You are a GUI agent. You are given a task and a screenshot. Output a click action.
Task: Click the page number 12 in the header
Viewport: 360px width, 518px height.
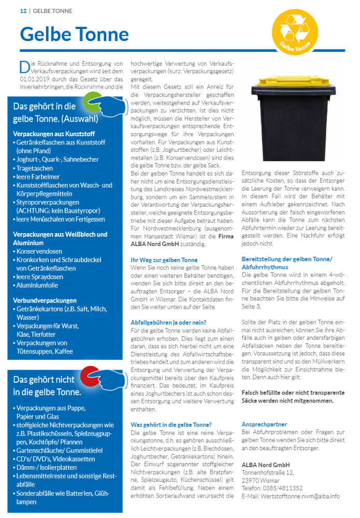pyautogui.click(x=23, y=11)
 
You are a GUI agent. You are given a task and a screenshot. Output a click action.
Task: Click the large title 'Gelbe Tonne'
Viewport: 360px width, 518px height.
pyautogui.click(x=74, y=34)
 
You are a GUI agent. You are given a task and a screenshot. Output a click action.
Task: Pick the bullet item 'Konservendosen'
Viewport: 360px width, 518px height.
pyautogui.click(x=39, y=251)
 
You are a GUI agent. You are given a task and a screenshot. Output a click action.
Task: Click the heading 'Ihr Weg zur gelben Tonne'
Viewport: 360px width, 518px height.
pyautogui.click(x=164, y=260)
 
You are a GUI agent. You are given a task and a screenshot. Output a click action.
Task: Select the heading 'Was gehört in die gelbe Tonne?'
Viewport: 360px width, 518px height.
pyautogui.click(x=171, y=425)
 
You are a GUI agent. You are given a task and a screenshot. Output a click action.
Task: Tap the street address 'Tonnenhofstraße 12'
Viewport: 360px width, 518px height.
pyautogui.click(x=267, y=472)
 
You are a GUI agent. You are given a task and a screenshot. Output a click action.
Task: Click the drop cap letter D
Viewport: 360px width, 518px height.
pyautogui.click(x=23, y=67)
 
